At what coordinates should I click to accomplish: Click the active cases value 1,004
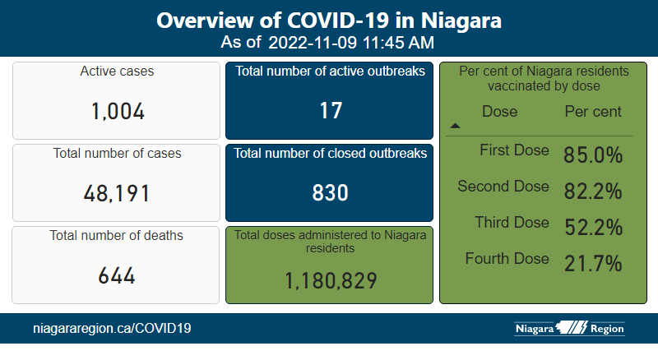coord(117,111)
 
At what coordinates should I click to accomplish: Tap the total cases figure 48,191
coord(117,193)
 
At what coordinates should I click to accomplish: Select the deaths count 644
coord(117,275)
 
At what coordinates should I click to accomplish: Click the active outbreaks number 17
coord(331,111)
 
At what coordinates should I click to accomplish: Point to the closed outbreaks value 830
coord(331,193)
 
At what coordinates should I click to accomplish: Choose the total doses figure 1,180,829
coord(331,280)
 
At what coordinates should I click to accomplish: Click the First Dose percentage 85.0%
coord(592,155)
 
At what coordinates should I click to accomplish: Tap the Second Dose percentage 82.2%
coord(592,192)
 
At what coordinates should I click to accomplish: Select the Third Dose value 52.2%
coord(592,228)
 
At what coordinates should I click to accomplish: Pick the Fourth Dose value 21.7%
coord(592,264)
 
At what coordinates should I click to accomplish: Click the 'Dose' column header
coord(499,112)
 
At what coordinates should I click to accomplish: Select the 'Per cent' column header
coord(593,112)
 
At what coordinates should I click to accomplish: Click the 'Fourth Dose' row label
coord(507,259)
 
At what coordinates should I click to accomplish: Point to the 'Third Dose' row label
coord(511,223)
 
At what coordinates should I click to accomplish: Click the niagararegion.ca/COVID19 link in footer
coord(112,329)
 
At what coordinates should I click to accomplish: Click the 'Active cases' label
coord(117,72)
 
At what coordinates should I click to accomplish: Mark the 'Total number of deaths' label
coord(117,236)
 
